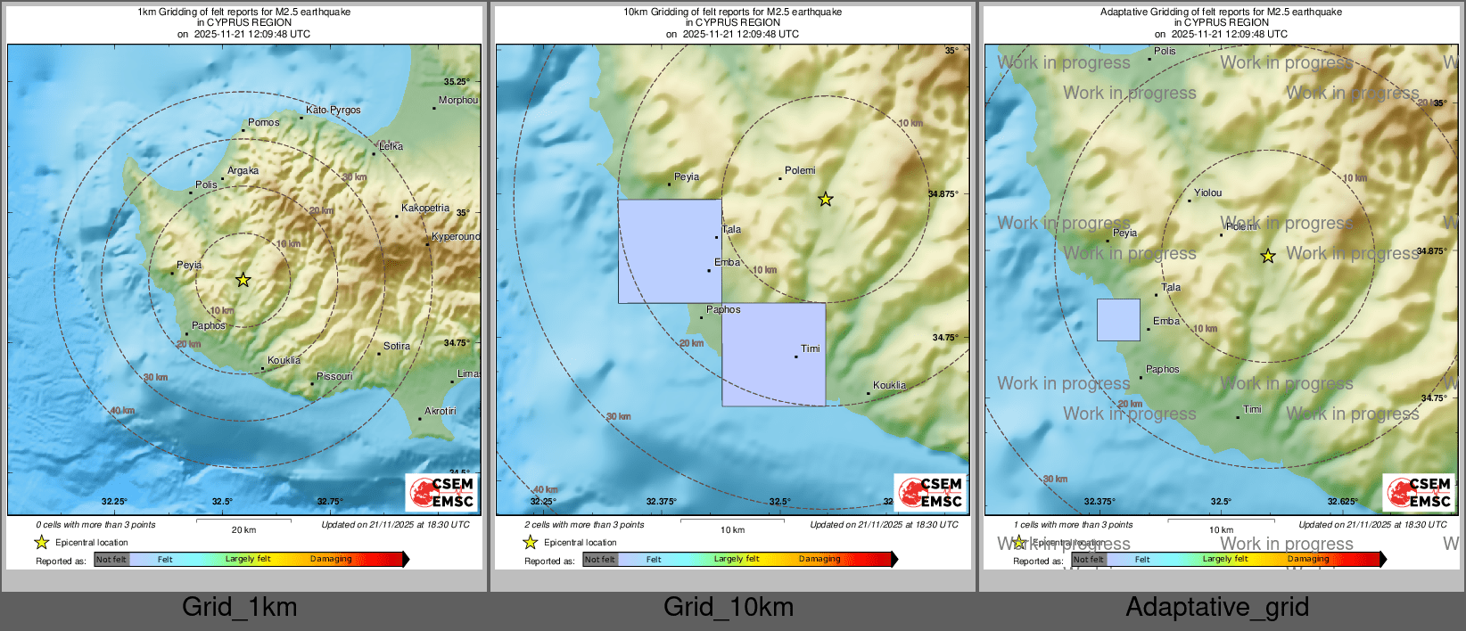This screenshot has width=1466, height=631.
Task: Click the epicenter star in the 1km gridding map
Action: click(x=243, y=280)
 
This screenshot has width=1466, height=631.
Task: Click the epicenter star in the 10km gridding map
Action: click(x=826, y=200)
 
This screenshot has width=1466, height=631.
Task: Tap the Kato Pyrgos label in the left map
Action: click(x=333, y=110)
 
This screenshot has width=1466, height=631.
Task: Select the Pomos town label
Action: click(x=263, y=122)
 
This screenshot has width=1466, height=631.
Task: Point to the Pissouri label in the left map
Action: click(x=334, y=376)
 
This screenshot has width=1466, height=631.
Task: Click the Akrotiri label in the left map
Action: click(x=440, y=411)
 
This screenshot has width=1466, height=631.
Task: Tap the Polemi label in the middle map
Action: click(x=800, y=170)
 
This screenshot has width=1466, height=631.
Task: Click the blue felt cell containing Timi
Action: click(x=773, y=355)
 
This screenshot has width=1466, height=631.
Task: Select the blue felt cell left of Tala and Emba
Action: click(x=670, y=251)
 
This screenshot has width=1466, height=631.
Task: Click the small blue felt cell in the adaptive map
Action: click(x=1118, y=320)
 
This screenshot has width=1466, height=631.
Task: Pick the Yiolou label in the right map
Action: click(x=1207, y=193)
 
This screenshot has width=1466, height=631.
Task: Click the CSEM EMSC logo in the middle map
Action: click(x=930, y=493)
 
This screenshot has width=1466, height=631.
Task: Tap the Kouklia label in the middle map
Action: click(x=889, y=385)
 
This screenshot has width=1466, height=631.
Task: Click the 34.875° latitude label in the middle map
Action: click(x=943, y=193)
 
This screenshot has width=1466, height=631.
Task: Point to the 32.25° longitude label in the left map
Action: click(x=114, y=502)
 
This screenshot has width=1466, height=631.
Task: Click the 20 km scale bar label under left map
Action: click(x=243, y=529)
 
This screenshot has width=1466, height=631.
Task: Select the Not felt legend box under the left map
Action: click(x=111, y=560)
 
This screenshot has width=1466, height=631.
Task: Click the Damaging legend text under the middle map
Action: click(x=819, y=559)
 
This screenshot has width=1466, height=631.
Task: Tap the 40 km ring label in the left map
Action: click(x=122, y=411)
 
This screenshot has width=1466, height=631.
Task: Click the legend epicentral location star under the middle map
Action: click(x=531, y=542)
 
